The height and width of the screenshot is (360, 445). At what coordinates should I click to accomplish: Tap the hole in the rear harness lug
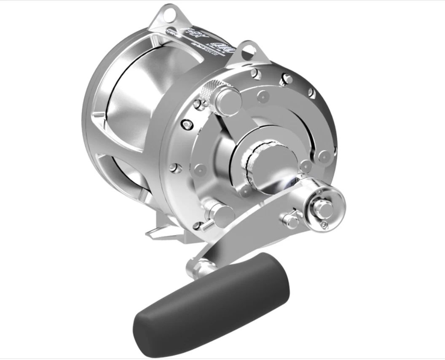tap(170, 12)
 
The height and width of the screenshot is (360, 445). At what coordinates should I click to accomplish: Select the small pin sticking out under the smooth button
tap(207, 226)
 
